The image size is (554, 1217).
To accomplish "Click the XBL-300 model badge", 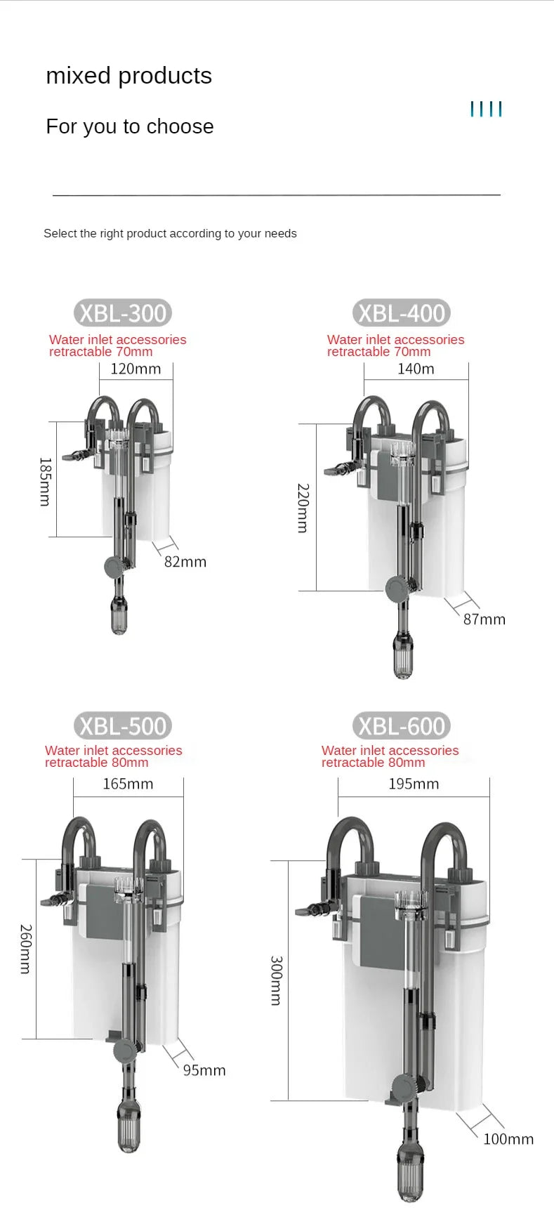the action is pyautogui.click(x=123, y=313).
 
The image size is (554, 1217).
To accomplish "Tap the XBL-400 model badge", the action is pyautogui.click(x=402, y=313).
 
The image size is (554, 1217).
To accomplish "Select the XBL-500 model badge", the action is pyautogui.click(x=123, y=726).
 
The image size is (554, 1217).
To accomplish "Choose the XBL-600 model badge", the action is pyautogui.click(x=402, y=726).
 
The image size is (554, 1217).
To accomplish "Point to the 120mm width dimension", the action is pyautogui.click(x=136, y=369).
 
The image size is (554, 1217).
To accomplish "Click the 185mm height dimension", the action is pyautogui.click(x=45, y=482).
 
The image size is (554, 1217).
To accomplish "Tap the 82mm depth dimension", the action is pyautogui.click(x=185, y=562).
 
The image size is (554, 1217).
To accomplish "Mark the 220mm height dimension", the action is pyautogui.click(x=303, y=508).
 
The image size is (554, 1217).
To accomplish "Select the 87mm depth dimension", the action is pyautogui.click(x=484, y=619).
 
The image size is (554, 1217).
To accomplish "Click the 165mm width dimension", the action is pyautogui.click(x=128, y=784).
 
